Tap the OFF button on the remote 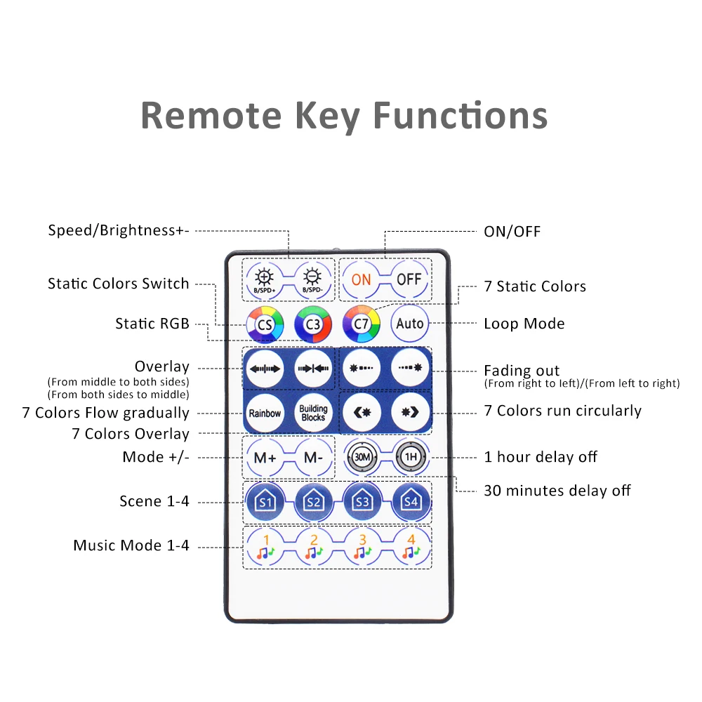(409, 279)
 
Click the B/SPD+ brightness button (264, 279)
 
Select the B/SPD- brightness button (312, 279)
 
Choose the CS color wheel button (264, 324)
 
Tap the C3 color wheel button (312, 324)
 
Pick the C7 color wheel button (361, 324)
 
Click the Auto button (409, 324)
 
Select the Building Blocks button (313, 413)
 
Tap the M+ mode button (265, 457)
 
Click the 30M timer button (362, 457)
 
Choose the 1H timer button (409, 457)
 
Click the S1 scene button (265, 501)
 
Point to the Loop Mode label (524, 324)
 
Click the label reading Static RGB (152, 324)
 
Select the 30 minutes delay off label (557, 490)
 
